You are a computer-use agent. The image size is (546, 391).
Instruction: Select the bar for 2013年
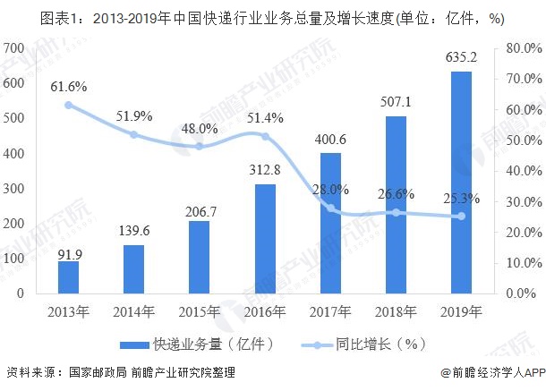69,276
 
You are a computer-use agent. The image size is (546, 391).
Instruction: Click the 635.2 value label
461,58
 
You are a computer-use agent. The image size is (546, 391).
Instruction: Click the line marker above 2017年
330,208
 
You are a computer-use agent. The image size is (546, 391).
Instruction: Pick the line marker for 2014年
134,134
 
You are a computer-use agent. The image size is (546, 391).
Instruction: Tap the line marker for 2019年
461,216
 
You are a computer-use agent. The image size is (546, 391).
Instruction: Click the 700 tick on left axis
14,47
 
